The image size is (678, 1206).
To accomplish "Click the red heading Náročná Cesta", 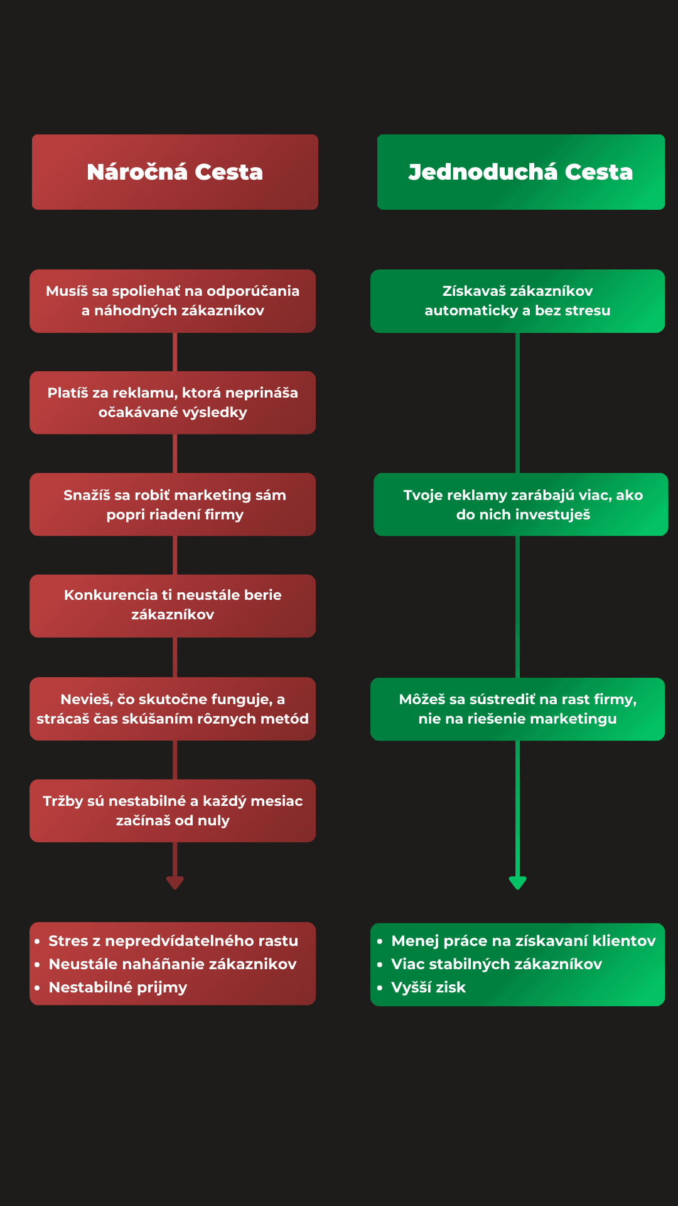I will pyautogui.click(x=175, y=172).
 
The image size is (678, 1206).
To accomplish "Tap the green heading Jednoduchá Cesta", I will pyautogui.click(x=520, y=172).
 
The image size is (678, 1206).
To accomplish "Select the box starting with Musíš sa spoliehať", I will pyautogui.click(x=173, y=301).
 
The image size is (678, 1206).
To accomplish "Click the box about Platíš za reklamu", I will pyautogui.click(x=173, y=403).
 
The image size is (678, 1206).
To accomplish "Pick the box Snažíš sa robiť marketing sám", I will pyautogui.click(x=173, y=504).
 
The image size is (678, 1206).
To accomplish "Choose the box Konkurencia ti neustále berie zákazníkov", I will pyautogui.click(x=173, y=606).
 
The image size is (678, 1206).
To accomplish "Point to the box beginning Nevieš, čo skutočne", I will pyautogui.click(x=173, y=709).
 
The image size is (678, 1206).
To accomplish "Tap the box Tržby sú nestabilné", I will pyautogui.click(x=173, y=810).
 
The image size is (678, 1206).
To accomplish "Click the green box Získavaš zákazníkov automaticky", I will pyautogui.click(x=517, y=301).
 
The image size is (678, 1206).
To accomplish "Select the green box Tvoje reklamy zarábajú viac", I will pyautogui.click(x=521, y=504).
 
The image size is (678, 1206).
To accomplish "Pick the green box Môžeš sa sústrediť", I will pyautogui.click(x=517, y=709).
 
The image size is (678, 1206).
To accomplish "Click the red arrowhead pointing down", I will pyautogui.click(x=175, y=882).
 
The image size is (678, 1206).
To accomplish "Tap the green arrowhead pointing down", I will pyautogui.click(x=517, y=882).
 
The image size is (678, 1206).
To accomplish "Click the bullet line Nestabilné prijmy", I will pyautogui.click(x=118, y=987).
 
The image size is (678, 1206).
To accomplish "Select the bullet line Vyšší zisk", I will pyautogui.click(x=428, y=987).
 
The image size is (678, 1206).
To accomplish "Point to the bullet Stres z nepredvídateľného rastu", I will pyautogui.click(x=173, y=941).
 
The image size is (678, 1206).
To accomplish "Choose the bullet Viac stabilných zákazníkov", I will pyautogui.click(x=497, y=964).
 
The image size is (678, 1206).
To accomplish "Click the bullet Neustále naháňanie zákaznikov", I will pyautogui.click(x=173, y=964).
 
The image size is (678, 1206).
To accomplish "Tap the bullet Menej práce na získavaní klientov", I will pyautogui.click(x=523, y=941).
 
